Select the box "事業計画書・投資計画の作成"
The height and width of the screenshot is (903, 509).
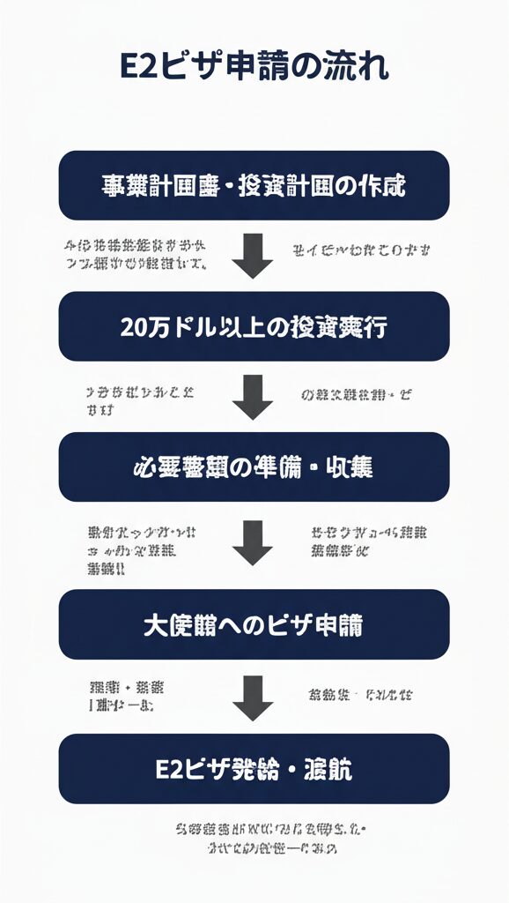254,185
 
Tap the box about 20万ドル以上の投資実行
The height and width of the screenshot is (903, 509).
254,326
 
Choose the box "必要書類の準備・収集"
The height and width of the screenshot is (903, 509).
254,466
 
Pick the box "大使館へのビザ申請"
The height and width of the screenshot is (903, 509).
254,624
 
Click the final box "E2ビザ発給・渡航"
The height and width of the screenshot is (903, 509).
254,768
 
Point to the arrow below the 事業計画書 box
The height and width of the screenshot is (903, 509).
254,256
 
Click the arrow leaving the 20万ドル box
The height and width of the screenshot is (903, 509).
254,396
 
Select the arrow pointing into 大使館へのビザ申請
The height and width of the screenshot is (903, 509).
254,542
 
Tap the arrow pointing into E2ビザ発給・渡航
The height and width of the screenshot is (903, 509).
254,699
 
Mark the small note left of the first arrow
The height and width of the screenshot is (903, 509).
136,254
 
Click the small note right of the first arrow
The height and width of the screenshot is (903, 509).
361,250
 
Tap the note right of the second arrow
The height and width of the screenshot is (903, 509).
356,395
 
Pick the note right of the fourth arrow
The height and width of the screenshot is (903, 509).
361,694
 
